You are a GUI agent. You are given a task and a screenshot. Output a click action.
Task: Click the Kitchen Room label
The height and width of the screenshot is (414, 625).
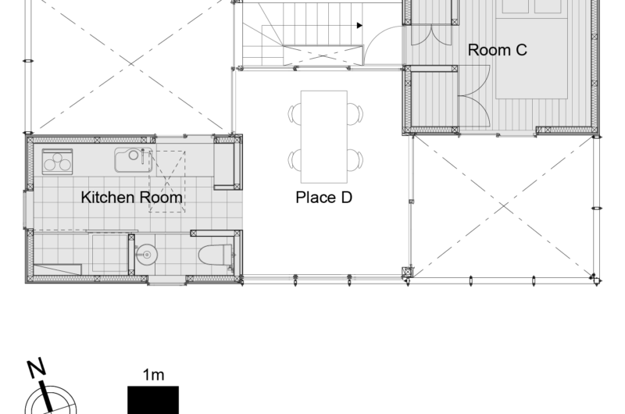coord(131,198)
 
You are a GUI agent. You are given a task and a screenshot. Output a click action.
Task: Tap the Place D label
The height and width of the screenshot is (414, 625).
coord(323,198)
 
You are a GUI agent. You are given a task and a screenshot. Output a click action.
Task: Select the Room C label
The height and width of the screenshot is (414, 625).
coord(497,50)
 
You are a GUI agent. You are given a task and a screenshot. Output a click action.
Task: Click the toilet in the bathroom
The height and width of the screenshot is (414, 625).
coord(216,255)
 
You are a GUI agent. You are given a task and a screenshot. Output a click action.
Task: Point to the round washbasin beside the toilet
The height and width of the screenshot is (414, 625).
coord(147,254)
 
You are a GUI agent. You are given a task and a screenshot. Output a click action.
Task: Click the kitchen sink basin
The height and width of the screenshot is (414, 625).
coord(133,160)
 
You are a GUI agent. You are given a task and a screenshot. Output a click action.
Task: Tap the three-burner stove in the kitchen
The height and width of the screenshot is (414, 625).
coord(57,162)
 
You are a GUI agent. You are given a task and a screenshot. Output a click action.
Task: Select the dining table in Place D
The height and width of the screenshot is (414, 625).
coord(324,137)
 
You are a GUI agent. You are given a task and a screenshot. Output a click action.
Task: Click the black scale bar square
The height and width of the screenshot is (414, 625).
coord(153,400)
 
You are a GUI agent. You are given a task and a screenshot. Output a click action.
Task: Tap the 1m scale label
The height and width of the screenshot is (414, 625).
coord(153,375)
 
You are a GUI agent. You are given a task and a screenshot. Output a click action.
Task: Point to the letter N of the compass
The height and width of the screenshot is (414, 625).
coord(36,368)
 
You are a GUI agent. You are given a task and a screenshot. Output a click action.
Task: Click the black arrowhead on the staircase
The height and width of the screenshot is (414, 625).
coord(359,26)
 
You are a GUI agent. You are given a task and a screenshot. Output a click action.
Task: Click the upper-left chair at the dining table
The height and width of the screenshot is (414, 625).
coord(295,113)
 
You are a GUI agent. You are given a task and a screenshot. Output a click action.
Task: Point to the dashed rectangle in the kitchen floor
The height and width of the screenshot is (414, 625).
coord(167,181)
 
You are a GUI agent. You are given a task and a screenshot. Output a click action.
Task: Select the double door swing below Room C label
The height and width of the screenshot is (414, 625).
coord(474,95)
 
